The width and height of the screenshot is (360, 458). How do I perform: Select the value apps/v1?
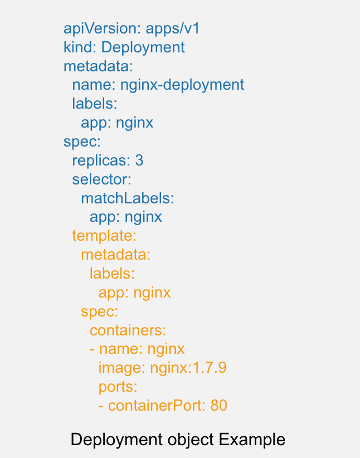(172, 28)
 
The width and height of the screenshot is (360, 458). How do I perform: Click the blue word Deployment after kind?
(143, 47)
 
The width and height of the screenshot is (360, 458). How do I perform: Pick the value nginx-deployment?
(182, 85)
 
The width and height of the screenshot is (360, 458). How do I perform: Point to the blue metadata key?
(98, 66)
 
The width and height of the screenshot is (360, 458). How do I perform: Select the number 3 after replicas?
(139, 160)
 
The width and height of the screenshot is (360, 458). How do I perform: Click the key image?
(121, 368)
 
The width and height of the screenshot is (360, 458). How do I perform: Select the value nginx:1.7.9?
(188, 368)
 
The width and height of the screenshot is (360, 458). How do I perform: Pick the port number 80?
(219, 406)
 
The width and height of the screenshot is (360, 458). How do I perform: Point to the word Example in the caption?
(252, 440)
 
